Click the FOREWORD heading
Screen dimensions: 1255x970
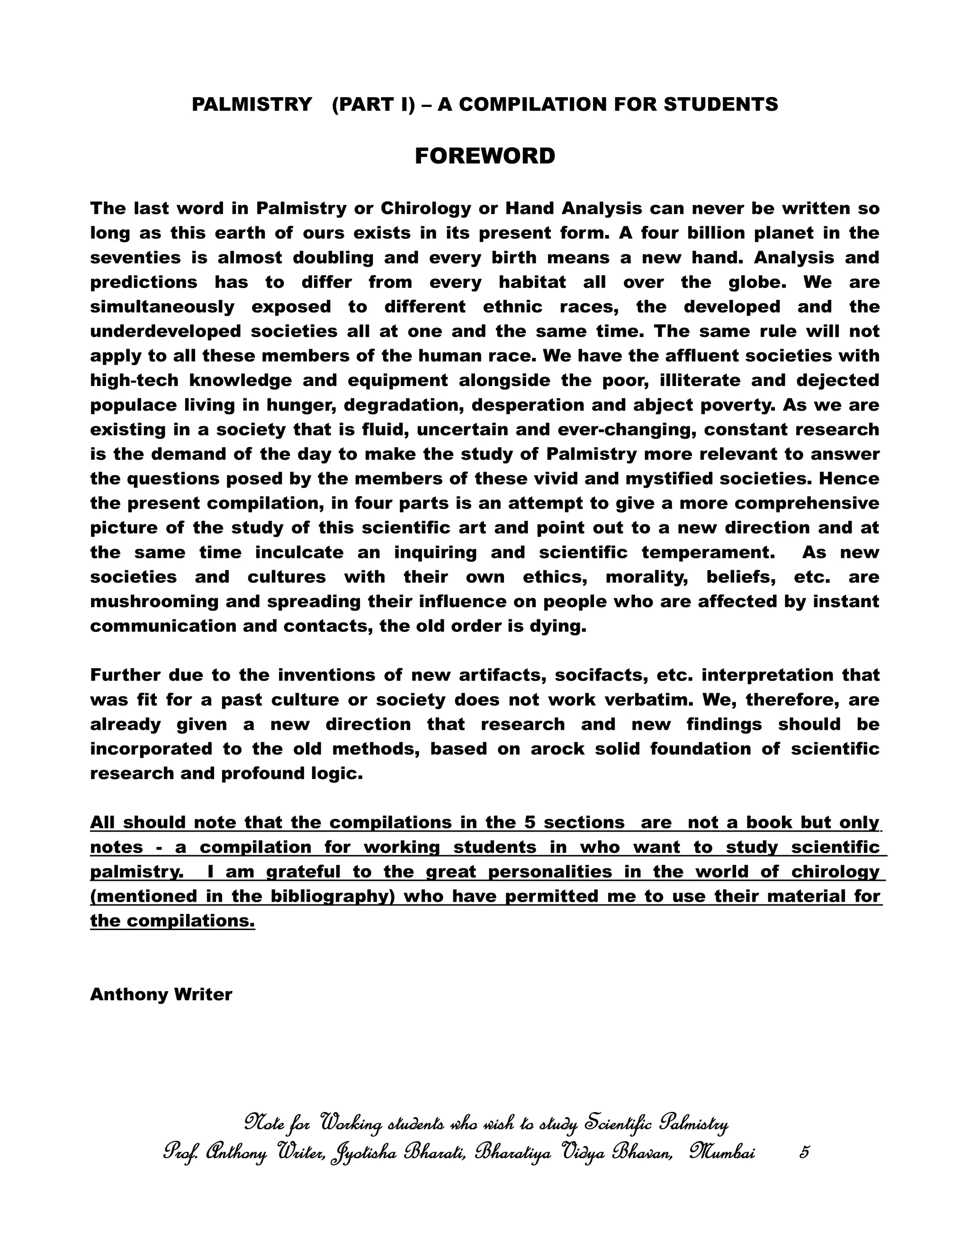click(x=485, y=156)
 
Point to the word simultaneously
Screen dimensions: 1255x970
click(x=162, y=307)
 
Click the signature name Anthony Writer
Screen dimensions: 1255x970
click(x=161, y=995)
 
